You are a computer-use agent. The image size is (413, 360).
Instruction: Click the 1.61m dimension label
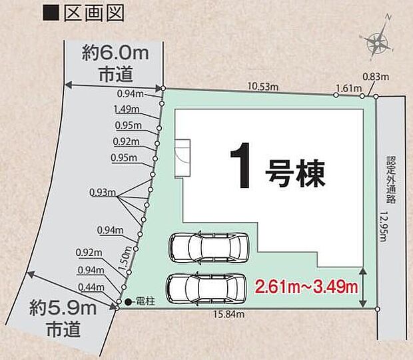348,88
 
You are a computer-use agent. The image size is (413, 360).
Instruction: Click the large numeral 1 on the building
242,165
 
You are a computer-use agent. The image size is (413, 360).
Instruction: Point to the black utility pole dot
128,302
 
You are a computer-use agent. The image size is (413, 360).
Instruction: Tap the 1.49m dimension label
126,109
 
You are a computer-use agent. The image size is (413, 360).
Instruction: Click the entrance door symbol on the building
182,158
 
